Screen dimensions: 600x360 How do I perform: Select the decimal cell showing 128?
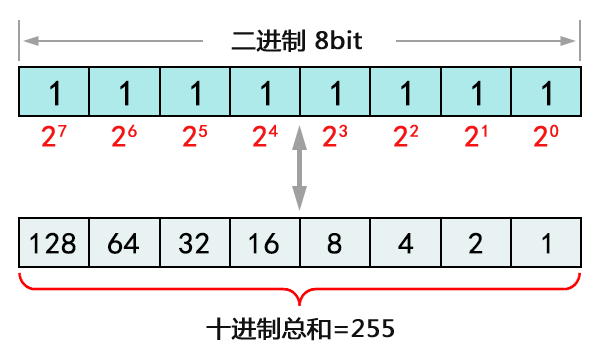(x=54, y=243)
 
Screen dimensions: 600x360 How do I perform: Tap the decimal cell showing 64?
(x=125, y=243)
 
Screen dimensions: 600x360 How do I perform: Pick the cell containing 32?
(x=195, y=243)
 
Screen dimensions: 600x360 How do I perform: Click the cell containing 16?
(x=265, y=243)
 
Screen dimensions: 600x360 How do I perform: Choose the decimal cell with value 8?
(x=335, y=243)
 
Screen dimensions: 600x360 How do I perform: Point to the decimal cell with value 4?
(x=405, y=243)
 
